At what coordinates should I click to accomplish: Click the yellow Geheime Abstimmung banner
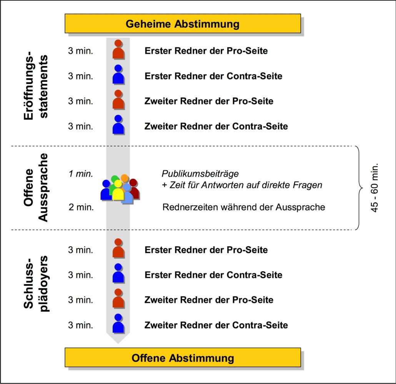pyautogui.click(x=183, y=24)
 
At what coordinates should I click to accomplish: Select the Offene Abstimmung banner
pyautogui.click(x=183, y=358)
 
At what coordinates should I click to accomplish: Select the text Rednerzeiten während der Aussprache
pyautogui.click(x=244, y=207)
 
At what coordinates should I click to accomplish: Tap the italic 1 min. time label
pyautogui.click(x=81, y=174)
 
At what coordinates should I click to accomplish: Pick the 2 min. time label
pyautogui.click(x=81, y=207)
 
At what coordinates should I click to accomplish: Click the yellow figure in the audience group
pyautogui.click(x=118, y=192)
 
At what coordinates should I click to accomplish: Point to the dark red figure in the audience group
pyautogui.click(x=134, y=188)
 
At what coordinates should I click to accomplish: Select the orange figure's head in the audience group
pyautogui.click(x=124, y=178)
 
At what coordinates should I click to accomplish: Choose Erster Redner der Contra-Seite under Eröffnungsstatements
pyautogui.click(x=213, y=76)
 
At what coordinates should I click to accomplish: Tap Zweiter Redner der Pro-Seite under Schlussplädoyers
pyautogui.click(x=209, y=300)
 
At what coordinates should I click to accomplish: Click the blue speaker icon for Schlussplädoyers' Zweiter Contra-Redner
pyautogui.click(x=118, y=323)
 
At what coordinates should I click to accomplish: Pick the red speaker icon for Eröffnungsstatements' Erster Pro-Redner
pyautogui.click(x=118, y=50)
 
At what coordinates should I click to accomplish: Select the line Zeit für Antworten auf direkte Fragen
pyautogui.click(x=242, y=185)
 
